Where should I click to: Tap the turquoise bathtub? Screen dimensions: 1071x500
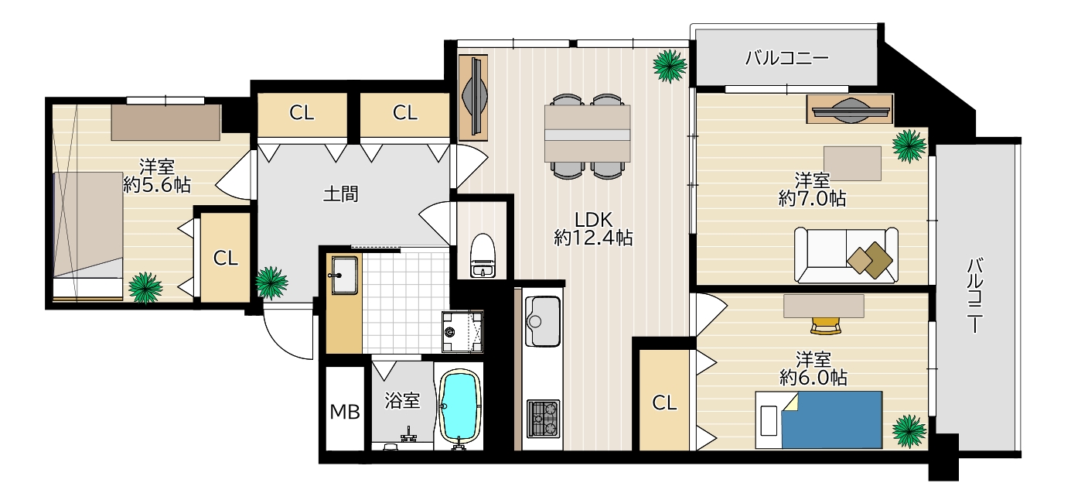459,406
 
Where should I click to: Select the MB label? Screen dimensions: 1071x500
345,412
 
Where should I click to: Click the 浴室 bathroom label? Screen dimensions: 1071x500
403,400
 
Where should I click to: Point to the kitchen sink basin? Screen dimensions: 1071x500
542,320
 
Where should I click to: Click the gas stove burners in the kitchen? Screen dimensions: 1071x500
543,420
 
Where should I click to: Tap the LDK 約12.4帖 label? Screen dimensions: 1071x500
593,228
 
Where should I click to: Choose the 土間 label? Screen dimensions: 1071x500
340,194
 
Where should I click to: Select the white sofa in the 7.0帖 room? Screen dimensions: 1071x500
846,255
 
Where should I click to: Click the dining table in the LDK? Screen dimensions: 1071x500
587,133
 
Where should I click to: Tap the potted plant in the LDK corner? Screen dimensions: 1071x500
670,66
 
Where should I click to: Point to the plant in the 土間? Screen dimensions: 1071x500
271,283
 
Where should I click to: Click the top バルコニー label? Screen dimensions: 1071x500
787,58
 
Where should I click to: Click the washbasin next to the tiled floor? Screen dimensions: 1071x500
344,275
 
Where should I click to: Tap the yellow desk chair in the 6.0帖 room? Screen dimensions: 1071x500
825,326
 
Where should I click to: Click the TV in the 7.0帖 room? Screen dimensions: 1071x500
851,110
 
